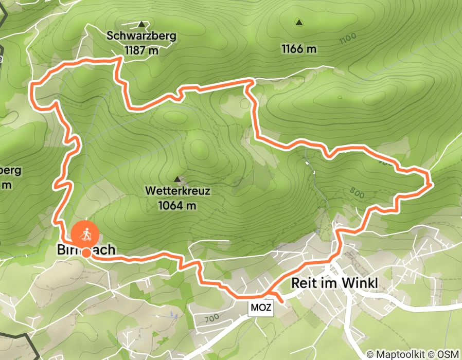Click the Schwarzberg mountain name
pyautogui.click(x=141, y=36)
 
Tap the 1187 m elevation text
pyautogui.click(x=141, y=50)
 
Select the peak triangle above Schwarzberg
pyautogui.click(x=141, y=24)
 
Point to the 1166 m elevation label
pyautogui.click(x=298, y=49)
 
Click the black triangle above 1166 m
pyautogui.click(x=298, y=22)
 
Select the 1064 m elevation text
pyautogui.click(x=178, y=205)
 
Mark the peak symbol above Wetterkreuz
pyautogui.click(x=177, y=179)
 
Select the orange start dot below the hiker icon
pyautogui.click(x=86, y=253)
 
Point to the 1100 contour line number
pyautogui.click(x=348, y=39)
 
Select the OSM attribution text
pyautogui.click(x=447, y=354)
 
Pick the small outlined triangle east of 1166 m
pyautogui.click(x=339, y=97)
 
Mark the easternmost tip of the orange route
pyautogui.click(x=430, y=182)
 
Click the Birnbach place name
pyautogui.click(x=85, y=250)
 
